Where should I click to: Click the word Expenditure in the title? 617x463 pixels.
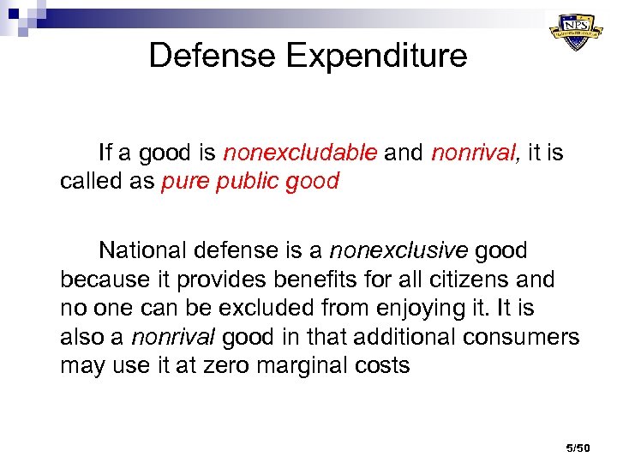coord(377,56)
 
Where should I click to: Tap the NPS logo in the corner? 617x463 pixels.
coord(575,32)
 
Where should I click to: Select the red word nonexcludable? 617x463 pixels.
coord(300,153)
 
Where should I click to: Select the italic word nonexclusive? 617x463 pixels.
coord(399,250)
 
